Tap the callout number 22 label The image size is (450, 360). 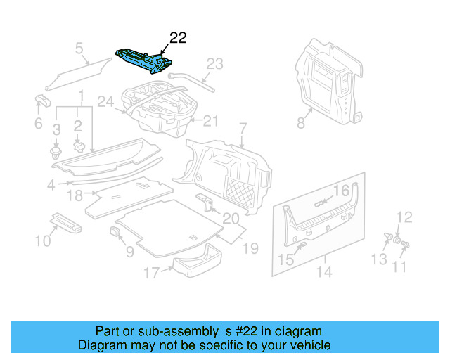[178, 38]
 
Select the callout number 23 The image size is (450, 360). [214, 64]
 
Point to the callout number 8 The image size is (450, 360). [300, 123]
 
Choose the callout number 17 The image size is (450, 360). [151, 274]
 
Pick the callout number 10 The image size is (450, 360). [43, 241]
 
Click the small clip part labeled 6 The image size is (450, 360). [41, 101]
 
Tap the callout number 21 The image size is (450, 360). [212, 121]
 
